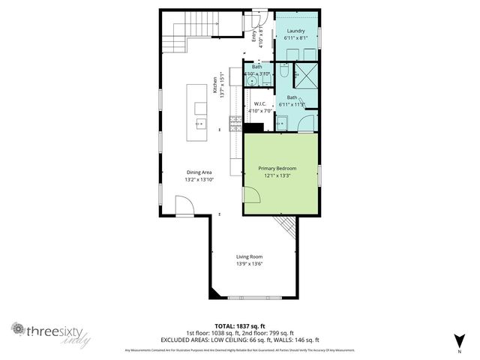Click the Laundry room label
pos(295,31)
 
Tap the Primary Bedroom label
pos(277,169)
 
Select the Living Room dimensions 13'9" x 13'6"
pos(250,263)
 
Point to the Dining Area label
pos(199,172)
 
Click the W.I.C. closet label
pos(261,103)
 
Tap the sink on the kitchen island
pos(200,122)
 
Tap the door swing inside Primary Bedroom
pos(251,194)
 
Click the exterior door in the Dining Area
pos(184,205)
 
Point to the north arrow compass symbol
pos(459,339)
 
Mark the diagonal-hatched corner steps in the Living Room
pos(286,224)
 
